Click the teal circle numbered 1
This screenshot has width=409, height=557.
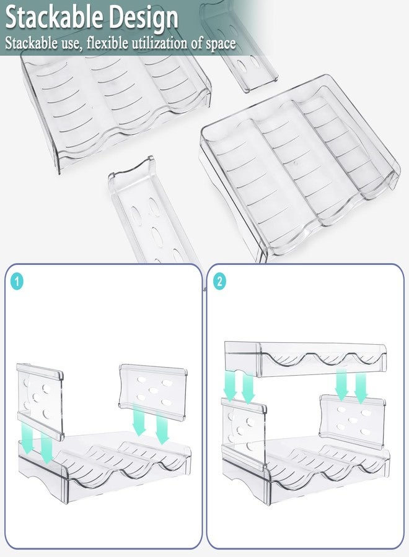point(16,282)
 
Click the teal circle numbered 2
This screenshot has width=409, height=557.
point(219,282)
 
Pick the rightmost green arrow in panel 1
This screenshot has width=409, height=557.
point(162,428)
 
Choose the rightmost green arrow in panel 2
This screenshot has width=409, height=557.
point(361,388)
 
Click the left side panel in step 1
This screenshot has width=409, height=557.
point(40,402)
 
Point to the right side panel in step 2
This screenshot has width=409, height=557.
point(352,421)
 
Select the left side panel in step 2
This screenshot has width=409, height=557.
point(244,433)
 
